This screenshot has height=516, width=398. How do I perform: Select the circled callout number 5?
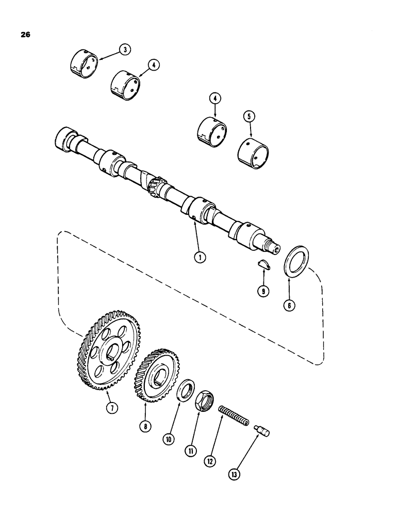(250, 117)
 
